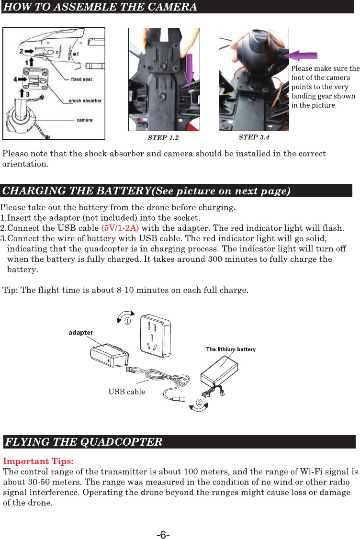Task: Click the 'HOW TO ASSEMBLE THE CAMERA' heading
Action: pos(100,7)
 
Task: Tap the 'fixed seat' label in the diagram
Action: pos(82,79)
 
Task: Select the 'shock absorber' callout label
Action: pos(85,101)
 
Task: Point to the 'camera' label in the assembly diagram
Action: pos(85,120)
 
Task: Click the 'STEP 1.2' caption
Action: pos(163,138)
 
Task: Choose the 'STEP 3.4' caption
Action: pos(254,137)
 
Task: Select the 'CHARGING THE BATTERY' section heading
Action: pos(146,191)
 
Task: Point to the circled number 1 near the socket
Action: pos(128,322)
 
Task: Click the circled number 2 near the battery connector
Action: pos(198,401)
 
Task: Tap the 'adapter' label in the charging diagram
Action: pos(81,332)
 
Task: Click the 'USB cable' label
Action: pos(126,392)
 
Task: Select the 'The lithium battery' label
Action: pos(231,349)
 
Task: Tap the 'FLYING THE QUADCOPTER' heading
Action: pos(83,441)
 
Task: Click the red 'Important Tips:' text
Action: pos(38,461)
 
